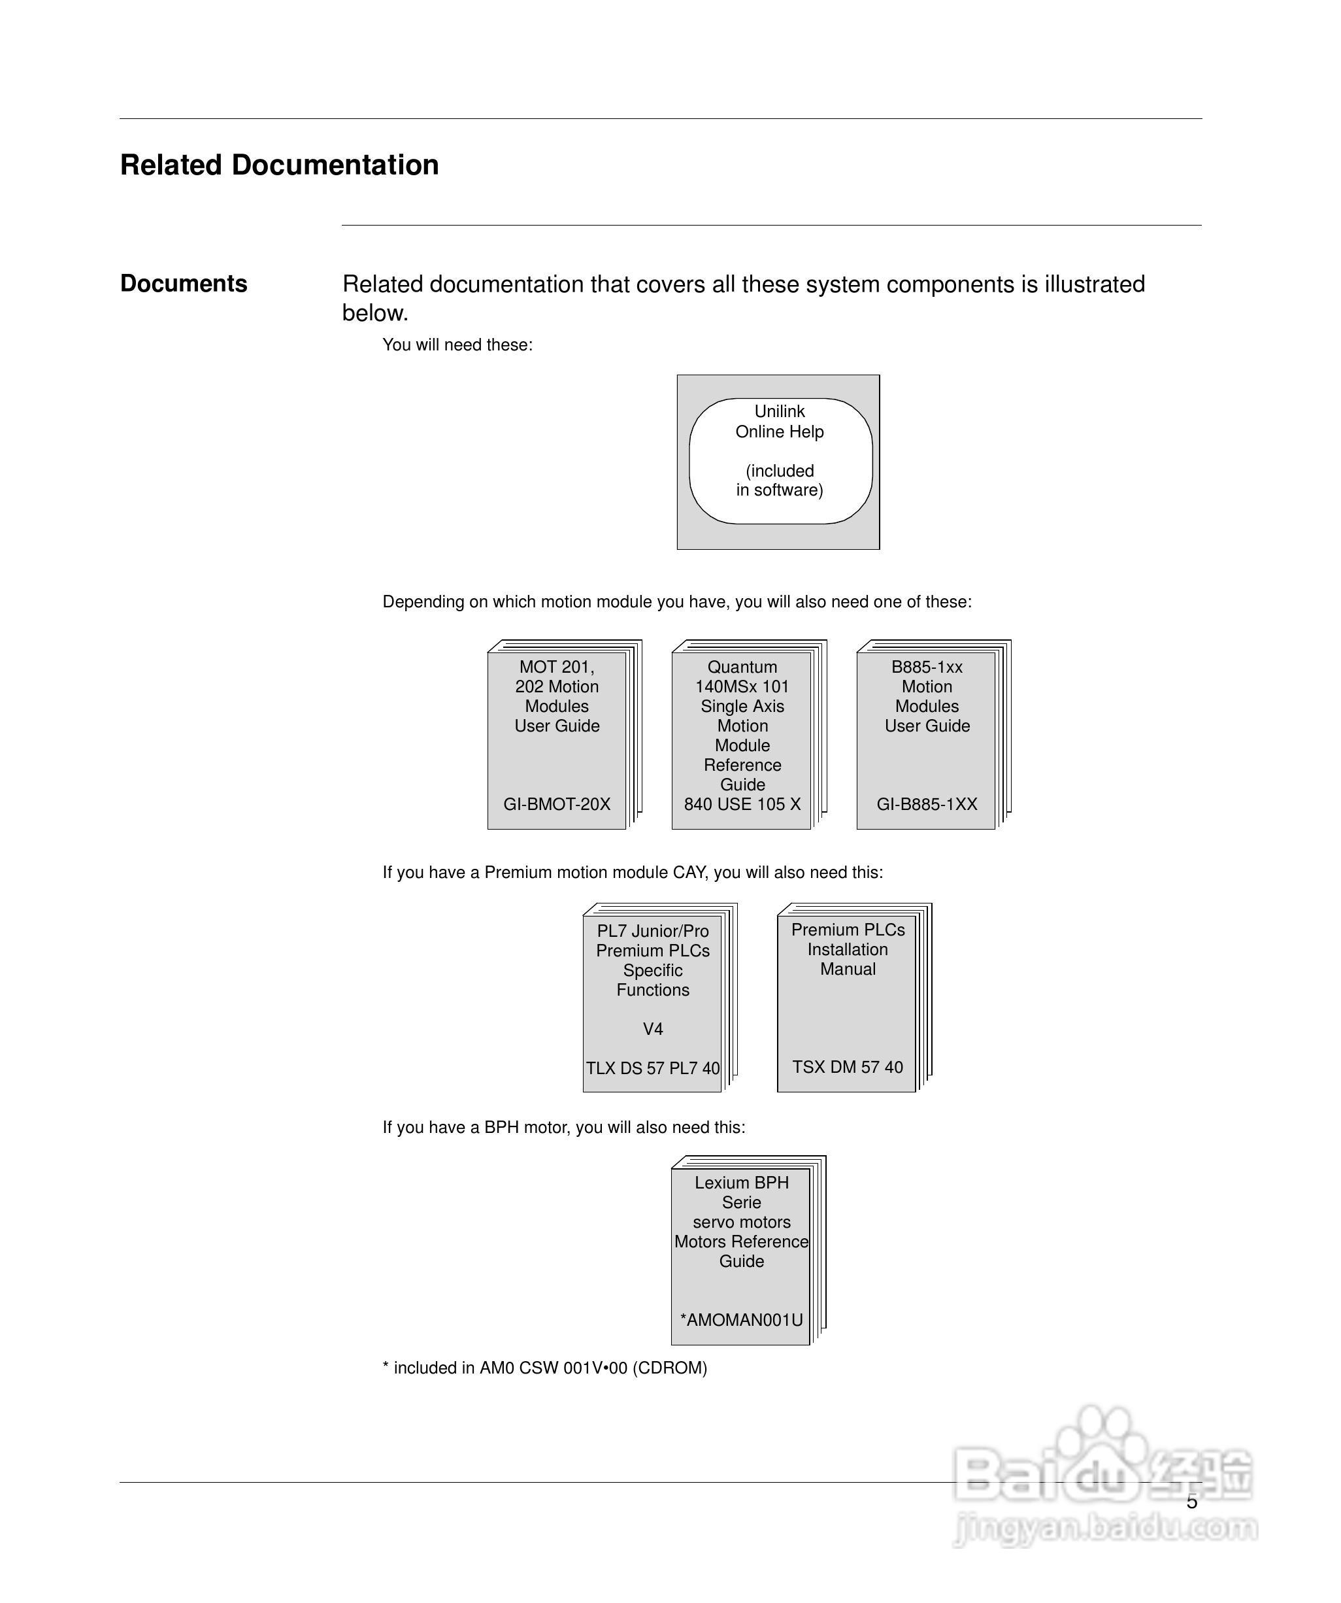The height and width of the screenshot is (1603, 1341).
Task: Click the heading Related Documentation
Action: coord(279,165)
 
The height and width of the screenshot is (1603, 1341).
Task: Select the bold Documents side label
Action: coord(183,283)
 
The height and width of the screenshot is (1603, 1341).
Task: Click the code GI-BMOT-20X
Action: coord(556,804)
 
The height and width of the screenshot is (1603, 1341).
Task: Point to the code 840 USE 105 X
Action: coord(742,804)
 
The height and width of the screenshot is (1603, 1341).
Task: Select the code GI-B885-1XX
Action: coord(927,804)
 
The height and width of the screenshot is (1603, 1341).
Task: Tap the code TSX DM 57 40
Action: coord(847,1066)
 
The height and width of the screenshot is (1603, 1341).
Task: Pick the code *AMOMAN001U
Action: coord(741,1320)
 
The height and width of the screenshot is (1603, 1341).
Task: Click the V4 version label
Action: coord(653,1029)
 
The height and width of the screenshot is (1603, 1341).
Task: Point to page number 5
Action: coord(1191,1502)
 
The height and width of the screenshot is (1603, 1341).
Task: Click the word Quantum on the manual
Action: coord(742,667)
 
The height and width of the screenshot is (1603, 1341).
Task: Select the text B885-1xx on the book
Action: coord(927,667)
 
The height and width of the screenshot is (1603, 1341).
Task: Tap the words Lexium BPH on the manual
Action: coord(741,1183)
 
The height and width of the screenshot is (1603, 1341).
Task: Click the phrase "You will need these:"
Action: coord(457,345)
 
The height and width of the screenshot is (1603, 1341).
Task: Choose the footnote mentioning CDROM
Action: coord(545,1368)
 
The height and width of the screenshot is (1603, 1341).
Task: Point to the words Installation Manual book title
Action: coord(847,960)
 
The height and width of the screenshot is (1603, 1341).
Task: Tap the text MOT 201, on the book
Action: coord(556,667)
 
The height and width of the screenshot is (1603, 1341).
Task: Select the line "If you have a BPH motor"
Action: coord(563,1128)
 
